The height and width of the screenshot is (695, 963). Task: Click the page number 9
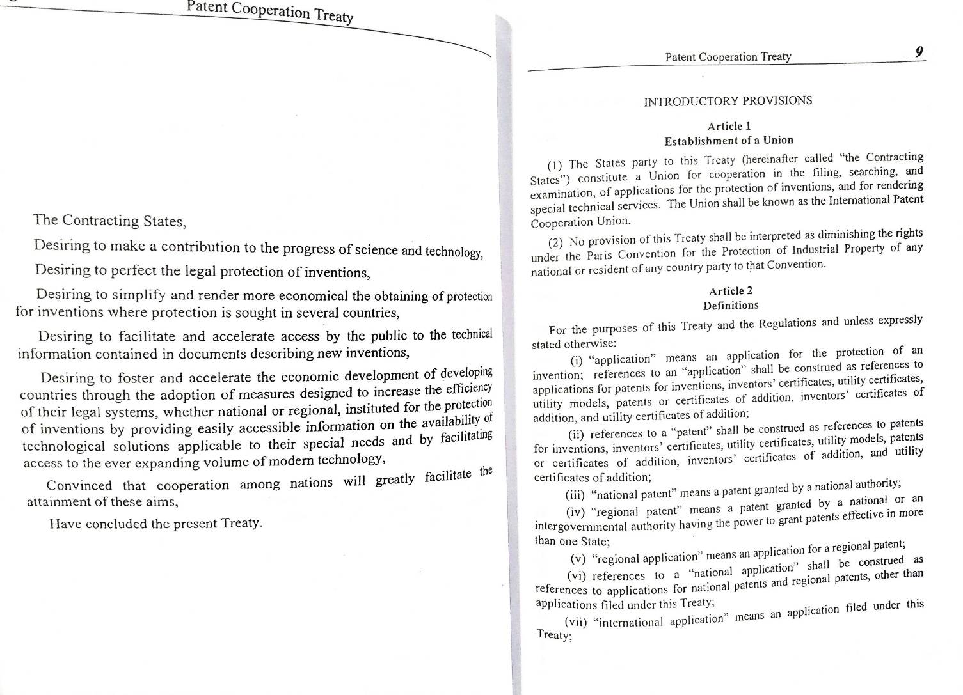pos(918,52)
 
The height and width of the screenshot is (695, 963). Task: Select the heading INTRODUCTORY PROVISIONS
pos(728,101)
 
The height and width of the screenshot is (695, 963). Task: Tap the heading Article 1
pos(729,126)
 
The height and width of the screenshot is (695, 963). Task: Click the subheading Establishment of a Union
pos(728,141)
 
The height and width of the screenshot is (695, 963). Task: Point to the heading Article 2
pos(731,291)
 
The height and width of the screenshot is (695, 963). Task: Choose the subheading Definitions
pos(731,306)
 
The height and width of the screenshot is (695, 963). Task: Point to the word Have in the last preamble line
pos(65,525)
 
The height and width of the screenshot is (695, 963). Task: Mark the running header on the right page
pos(728,57)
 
